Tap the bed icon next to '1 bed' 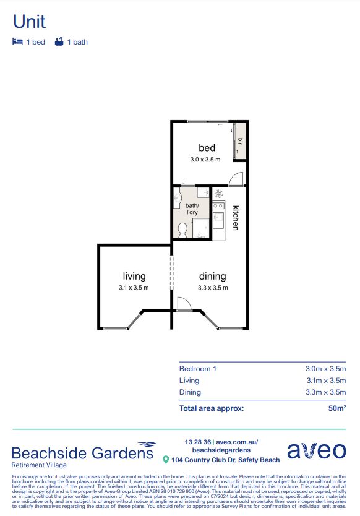pos(17,42)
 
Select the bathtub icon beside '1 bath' pos(59,42)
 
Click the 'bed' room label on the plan pos(207,148)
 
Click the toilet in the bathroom pos(182,230)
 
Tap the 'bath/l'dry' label pos(192,209)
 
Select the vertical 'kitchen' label pos(236,217)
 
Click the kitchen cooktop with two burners pos(218,205)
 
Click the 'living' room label pos(134,277)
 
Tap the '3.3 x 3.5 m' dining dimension pos(212,288)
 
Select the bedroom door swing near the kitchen pos(236,179)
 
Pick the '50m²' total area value pos(335,408)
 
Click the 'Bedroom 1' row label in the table pos(197,369)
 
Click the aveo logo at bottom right pos(316,450)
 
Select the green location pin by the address pos(166,460)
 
